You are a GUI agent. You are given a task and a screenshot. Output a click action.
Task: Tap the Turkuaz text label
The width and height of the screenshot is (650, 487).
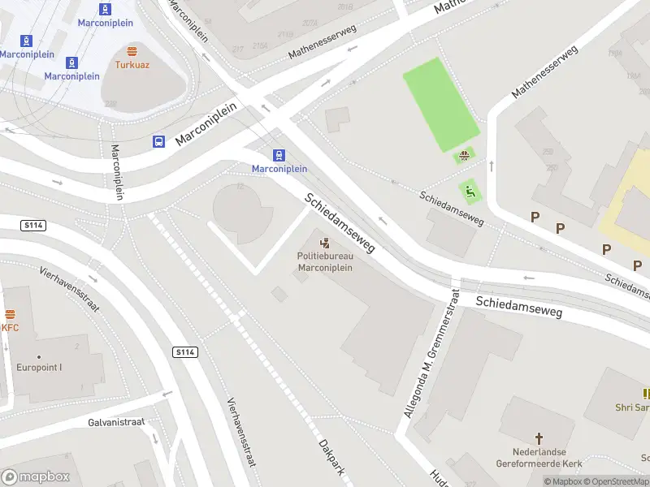[131, 63]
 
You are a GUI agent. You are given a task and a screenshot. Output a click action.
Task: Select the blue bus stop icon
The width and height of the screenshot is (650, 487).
[159, 141]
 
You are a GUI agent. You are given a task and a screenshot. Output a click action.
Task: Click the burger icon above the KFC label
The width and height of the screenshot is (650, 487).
[11, 314]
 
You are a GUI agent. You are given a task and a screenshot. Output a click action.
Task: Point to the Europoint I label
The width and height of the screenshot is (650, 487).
[39, 367]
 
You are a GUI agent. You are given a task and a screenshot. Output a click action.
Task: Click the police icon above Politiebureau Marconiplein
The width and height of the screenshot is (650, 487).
[325, 243]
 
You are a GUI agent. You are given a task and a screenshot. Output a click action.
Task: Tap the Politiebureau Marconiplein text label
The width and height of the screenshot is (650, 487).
[325, 262]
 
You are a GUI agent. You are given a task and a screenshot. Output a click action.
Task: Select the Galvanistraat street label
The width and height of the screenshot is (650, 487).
[115, 422]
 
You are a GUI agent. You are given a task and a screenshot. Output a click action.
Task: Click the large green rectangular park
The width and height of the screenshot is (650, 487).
[441, 103]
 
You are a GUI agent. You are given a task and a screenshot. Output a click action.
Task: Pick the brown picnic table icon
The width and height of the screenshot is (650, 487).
[465, 156]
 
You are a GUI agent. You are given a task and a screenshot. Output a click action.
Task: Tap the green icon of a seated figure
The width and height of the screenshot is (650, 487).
[469, 192]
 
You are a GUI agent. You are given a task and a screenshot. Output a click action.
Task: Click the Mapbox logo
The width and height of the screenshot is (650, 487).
[36, 477]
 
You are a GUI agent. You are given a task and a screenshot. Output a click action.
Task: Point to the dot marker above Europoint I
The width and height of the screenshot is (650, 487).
[39, 356]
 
